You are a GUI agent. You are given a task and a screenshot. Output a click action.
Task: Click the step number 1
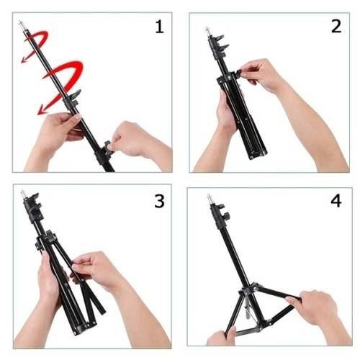pyautogui.click(x=160, y=27)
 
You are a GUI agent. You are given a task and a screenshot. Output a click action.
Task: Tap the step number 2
pyautogui.click(x=336, y=27)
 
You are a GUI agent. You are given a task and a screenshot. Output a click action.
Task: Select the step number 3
pyautogui.click(x=160, y=201)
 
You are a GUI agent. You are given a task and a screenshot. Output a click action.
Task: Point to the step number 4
pyautogui.click(x=336, y=201)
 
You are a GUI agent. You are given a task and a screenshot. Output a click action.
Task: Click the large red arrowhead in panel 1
pyautogui.click(x=42, y=110)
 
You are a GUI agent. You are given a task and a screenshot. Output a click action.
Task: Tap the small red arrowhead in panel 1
pyautogui.click(x=24, y=60)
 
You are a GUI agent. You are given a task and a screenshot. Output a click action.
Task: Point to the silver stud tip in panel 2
pyautogui.click(x=207, y=30)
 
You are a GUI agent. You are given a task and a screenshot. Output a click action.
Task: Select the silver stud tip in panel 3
pyautogui.click(x=23, y=193)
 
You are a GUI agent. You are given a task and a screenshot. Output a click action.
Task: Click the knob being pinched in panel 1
pyautogui.click(x=109, y=147)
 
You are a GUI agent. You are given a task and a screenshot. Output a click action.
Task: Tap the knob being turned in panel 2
pyautogui.click(x=240, y=73)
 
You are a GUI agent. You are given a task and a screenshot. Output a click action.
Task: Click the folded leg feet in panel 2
pyautogui.click(x=257, y=154)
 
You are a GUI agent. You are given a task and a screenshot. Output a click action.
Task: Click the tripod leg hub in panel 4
pyautogui.click(x=249, y=290)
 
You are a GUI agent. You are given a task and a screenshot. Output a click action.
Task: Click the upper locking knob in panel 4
pyautogui.click(x=220, y=207)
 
